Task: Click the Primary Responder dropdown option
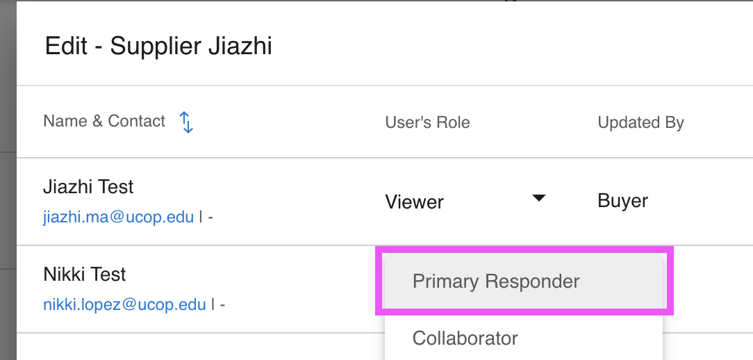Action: tap(496, 281)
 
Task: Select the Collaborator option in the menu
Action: tap(465, 338)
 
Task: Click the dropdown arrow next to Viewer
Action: tap(538, 199)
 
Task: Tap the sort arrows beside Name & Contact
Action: tap(186, 122)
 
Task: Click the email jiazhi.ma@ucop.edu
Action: tap(118, 217)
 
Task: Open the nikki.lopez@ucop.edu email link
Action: tap(124, 304)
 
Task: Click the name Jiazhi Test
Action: tap(88, 187)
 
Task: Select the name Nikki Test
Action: tap(85, 275)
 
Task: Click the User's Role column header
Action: tap(427, 123)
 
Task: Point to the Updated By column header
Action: tap(640, 123)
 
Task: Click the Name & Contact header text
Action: tap(104, 121)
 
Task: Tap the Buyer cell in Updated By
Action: tap(622, 201)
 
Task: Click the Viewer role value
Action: tap(414, 202)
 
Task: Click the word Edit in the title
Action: tap(66, 47)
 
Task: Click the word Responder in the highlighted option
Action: tap(533, 281)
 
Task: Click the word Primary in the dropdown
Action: tap(445, 281)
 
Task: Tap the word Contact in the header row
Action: tap(137, 121)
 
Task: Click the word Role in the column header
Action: tap(454, 123)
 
